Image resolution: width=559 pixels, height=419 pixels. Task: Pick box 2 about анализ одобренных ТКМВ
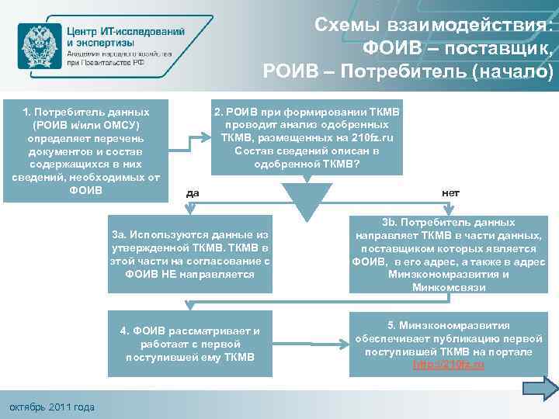point(307,138)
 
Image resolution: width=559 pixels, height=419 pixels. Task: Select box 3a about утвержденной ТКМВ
point(190,254)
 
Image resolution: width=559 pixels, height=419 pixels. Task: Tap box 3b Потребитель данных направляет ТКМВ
point(448,254)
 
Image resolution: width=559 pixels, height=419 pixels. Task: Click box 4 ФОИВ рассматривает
point(190,343)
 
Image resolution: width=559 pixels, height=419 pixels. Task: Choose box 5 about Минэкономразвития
point(448,343)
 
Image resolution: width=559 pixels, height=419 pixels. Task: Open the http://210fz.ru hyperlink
point(448,364)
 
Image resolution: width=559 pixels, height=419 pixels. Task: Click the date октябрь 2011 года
point(50,407)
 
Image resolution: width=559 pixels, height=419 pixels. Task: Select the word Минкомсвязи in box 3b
point(448,287)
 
